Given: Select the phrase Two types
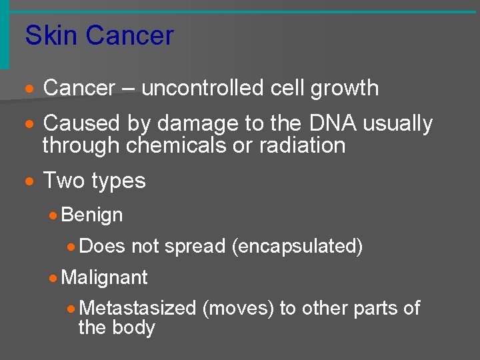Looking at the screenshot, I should coord(94,181).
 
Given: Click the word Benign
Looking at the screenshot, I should coord(92,215).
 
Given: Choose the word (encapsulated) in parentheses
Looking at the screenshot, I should coord(297,246).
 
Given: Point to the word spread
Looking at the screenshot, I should coord(195,246).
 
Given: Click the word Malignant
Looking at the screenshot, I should coord(104,277).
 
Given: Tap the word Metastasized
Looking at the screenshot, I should coord(137,308).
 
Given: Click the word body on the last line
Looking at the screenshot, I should coord(136,328).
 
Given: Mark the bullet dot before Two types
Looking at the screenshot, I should coord(29,181).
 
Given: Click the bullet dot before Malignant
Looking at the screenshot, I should coord(53,277).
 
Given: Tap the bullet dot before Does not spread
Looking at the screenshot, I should coord(71,247).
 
